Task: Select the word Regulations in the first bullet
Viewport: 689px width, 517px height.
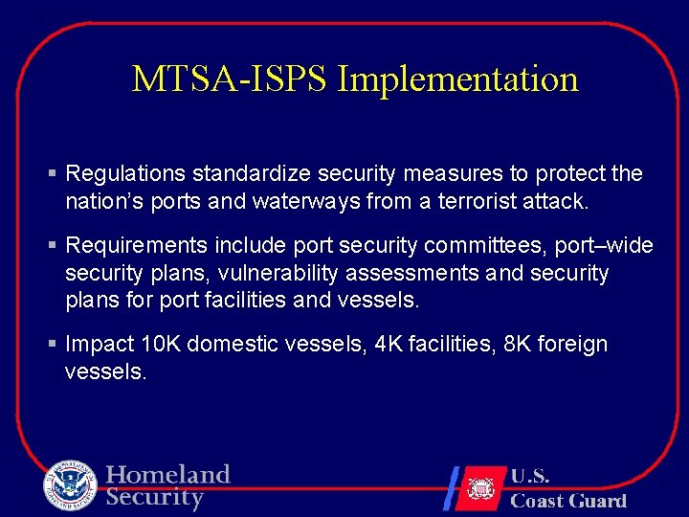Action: (125, 173)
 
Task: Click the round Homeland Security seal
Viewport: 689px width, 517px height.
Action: (70, 485)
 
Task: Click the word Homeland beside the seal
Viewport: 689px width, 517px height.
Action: (168, 475)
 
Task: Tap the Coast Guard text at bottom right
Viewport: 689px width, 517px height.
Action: (568, 500)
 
